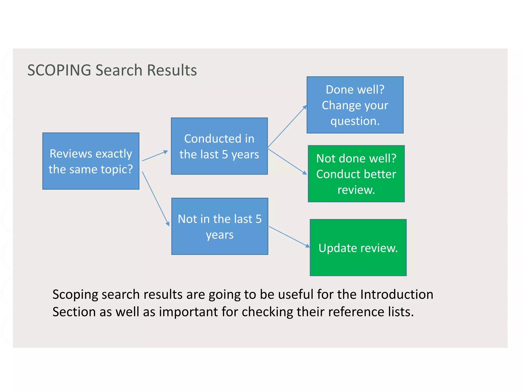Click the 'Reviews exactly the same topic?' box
pyautogui.click(x=91, y=161)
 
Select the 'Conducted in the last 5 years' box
pyautogui.click(x=219, y=146)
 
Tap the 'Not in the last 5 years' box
pyautogui.click(x=220, y=226)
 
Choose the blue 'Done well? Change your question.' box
pyautogui.click(x=355, y=105)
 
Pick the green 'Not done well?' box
pyautogui.click(x=356, y=174)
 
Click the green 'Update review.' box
pyautogui.click(x=358, y=248)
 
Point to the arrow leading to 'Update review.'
pyautogui.click(x=289, y=237)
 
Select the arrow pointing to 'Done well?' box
pyautogui.click(x=287, y=127)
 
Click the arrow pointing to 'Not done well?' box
pyautogui.click(x=287, y=162)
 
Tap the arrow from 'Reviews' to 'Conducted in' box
pyautogui.click(x=155, y=156)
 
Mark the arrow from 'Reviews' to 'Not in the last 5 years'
pyautogui.click(x=156, y=199)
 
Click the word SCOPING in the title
pyautogui.click(x=59, y=70)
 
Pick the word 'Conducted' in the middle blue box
pyautogui.click(x=212, y=139)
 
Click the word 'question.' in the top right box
pyautogui.click(x=355, y=121)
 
